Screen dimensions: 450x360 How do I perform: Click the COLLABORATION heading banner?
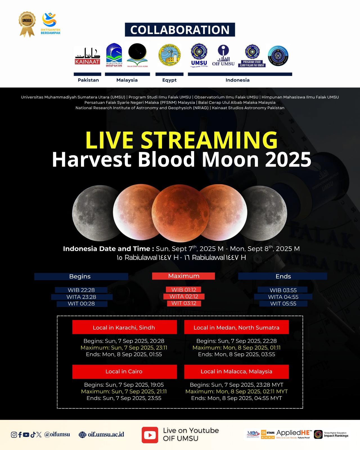(180, 30)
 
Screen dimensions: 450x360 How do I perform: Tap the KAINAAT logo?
(87, 56)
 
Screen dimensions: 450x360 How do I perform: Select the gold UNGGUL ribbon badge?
(27, 24)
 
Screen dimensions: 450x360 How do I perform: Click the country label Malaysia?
(127, 80)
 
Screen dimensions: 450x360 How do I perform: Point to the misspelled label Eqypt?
(169, 80)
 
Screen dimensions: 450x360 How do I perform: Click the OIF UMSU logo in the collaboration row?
(223, 56)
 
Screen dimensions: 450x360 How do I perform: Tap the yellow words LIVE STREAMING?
(181, 140)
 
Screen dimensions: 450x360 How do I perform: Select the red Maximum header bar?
(183, 276)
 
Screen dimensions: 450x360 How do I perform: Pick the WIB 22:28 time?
(81, 290)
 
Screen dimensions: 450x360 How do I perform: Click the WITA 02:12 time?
(184, 296)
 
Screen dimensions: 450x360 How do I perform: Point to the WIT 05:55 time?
(283, 304)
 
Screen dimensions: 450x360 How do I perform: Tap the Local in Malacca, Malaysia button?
(236, 372)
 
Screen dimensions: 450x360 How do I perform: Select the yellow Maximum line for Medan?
(236, 348)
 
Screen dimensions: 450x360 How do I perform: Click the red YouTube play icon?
(150, 435)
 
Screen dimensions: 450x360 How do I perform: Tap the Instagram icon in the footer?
(14, 435)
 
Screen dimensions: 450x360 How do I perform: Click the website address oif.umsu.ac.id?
(106, 435)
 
